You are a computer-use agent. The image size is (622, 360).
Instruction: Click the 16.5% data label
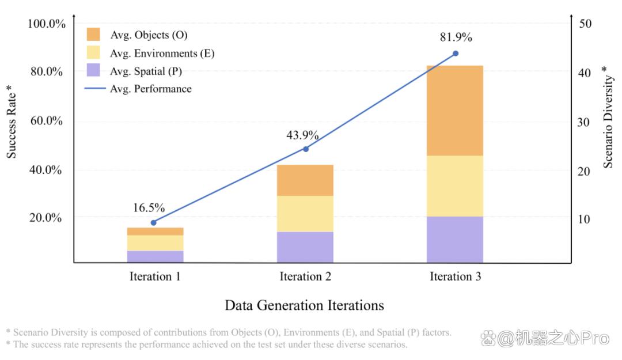149,207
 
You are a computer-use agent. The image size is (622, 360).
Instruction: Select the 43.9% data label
303,135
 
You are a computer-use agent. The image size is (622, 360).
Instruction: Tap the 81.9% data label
456,37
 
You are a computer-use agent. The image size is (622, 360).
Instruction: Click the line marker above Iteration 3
456,53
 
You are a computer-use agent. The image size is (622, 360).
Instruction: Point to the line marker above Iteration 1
154,223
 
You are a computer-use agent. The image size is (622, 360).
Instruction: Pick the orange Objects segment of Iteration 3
455,111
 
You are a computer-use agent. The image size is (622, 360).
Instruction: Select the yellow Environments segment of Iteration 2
305,214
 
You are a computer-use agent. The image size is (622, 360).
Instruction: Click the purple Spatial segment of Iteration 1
155,256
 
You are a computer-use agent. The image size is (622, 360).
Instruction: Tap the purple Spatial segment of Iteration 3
455,240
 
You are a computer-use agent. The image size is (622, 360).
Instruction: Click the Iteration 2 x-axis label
305,276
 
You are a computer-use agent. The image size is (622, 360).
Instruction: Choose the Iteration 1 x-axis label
155,276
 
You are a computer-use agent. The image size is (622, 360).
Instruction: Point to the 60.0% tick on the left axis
47,120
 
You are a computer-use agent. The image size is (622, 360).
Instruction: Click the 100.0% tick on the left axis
47,24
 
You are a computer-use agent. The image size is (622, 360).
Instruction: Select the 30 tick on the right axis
583,122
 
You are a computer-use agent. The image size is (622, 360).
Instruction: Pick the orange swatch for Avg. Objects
93,35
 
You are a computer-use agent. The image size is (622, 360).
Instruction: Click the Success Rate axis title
12,122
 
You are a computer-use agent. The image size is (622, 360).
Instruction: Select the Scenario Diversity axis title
608,117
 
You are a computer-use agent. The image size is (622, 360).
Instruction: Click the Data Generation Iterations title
304,305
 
